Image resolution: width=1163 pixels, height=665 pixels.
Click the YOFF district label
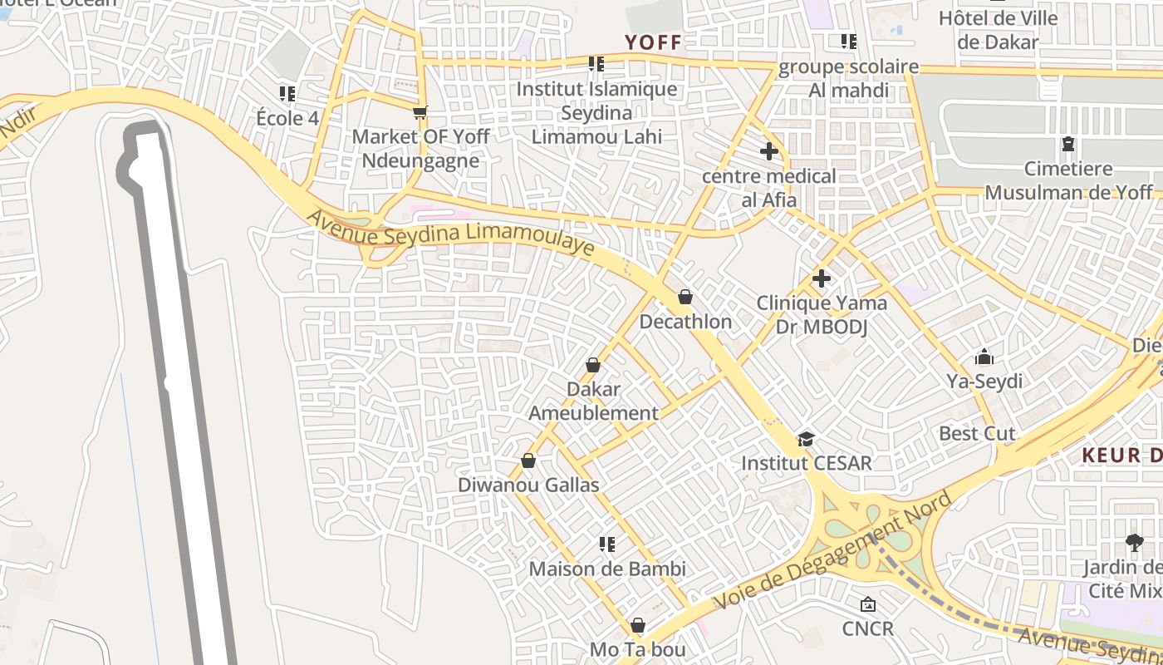653,42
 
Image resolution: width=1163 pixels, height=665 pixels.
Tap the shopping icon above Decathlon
685,297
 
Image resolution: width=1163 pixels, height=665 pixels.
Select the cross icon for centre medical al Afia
769,151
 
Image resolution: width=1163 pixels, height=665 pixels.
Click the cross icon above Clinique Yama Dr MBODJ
821,278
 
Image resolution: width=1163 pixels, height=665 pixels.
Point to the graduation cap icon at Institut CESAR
806,439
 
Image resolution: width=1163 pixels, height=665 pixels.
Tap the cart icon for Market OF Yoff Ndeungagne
420,112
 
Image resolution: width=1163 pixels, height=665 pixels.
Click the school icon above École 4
287,93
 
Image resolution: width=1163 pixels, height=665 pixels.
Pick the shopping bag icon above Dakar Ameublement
593,365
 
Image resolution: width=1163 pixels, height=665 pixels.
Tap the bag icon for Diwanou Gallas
528,461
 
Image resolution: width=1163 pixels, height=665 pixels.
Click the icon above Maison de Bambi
607,544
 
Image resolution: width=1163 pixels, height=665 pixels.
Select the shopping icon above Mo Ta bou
637,625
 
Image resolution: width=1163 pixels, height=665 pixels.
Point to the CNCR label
868,628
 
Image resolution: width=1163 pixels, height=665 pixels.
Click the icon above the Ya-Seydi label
984,357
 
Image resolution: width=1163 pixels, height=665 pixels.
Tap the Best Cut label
977,433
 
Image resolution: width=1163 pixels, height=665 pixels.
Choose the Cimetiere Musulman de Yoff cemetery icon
1067,145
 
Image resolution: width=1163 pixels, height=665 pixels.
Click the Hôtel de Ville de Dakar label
998,30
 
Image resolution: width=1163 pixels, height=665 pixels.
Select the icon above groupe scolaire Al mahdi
848,41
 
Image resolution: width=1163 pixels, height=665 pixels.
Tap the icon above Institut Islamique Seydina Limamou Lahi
596,63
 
